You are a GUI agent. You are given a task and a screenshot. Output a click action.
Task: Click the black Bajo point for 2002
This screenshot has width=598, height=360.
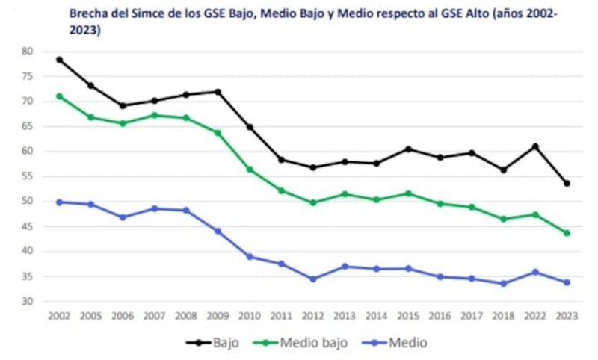coord(59,60)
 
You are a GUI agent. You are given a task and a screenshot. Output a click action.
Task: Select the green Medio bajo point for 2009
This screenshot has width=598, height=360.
coord(218,133)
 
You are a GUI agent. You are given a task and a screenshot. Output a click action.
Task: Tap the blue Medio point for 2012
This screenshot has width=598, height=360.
coord(312,279)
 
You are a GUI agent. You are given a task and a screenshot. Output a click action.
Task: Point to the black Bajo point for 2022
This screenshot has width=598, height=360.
coord(535,146)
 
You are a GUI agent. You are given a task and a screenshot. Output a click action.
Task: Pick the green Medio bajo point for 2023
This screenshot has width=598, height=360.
coord(567,233)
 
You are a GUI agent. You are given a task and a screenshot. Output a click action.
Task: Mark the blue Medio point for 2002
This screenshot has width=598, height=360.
coord(59,202)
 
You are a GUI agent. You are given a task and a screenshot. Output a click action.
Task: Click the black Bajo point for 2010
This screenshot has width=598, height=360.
coord(250,127)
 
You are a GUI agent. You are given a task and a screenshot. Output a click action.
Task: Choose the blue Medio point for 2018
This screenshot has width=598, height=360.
coord(503,284)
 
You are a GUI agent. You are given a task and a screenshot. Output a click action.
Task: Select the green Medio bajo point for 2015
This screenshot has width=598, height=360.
coord(408,193)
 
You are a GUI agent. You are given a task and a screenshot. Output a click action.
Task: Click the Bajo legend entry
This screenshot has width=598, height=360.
coord(212,343)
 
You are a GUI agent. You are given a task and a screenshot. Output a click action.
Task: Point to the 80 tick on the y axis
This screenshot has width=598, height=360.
coord(28,51)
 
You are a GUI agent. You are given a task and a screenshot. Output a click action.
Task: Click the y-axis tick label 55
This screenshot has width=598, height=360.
coord(28,176)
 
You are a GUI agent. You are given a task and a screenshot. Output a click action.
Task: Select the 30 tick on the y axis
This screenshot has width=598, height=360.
coord(28,302)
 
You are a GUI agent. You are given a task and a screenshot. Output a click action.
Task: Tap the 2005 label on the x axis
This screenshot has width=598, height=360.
coord(90,317)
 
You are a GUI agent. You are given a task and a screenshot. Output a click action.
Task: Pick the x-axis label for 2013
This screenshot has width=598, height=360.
coord(345,317)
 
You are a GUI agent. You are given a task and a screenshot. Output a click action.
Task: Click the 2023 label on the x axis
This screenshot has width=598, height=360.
coord(567,317)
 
